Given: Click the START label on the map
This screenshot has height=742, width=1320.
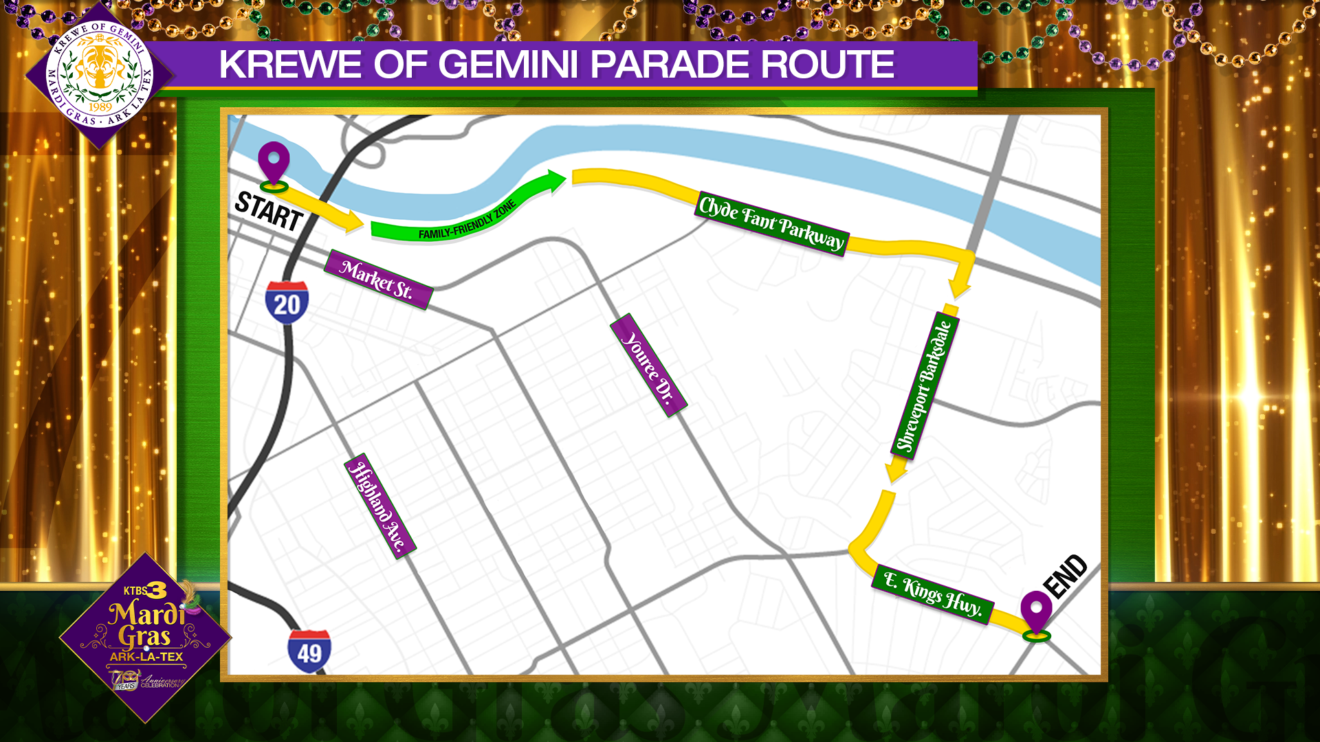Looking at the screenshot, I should pyautogui.click(x=269, y=211).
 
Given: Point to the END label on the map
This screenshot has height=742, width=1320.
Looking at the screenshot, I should pyautogui.click(x=1065, y=576).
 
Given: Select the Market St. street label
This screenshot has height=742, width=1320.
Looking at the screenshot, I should pyautogui.click(x=378, y=280).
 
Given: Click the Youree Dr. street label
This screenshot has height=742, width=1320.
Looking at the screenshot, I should pyautogui.click(x=648, y=365).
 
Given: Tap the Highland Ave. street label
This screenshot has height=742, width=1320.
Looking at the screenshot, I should pyautogui.click(x=379, y=506).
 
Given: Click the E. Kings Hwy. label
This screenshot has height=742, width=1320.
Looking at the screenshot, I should pyautogui.click(x=932, y=594).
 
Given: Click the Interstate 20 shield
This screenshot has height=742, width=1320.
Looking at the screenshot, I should pyautogui.click(x=287, y=302).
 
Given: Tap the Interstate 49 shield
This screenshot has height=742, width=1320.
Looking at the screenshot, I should pyautogui.click(x=309, y=651).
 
